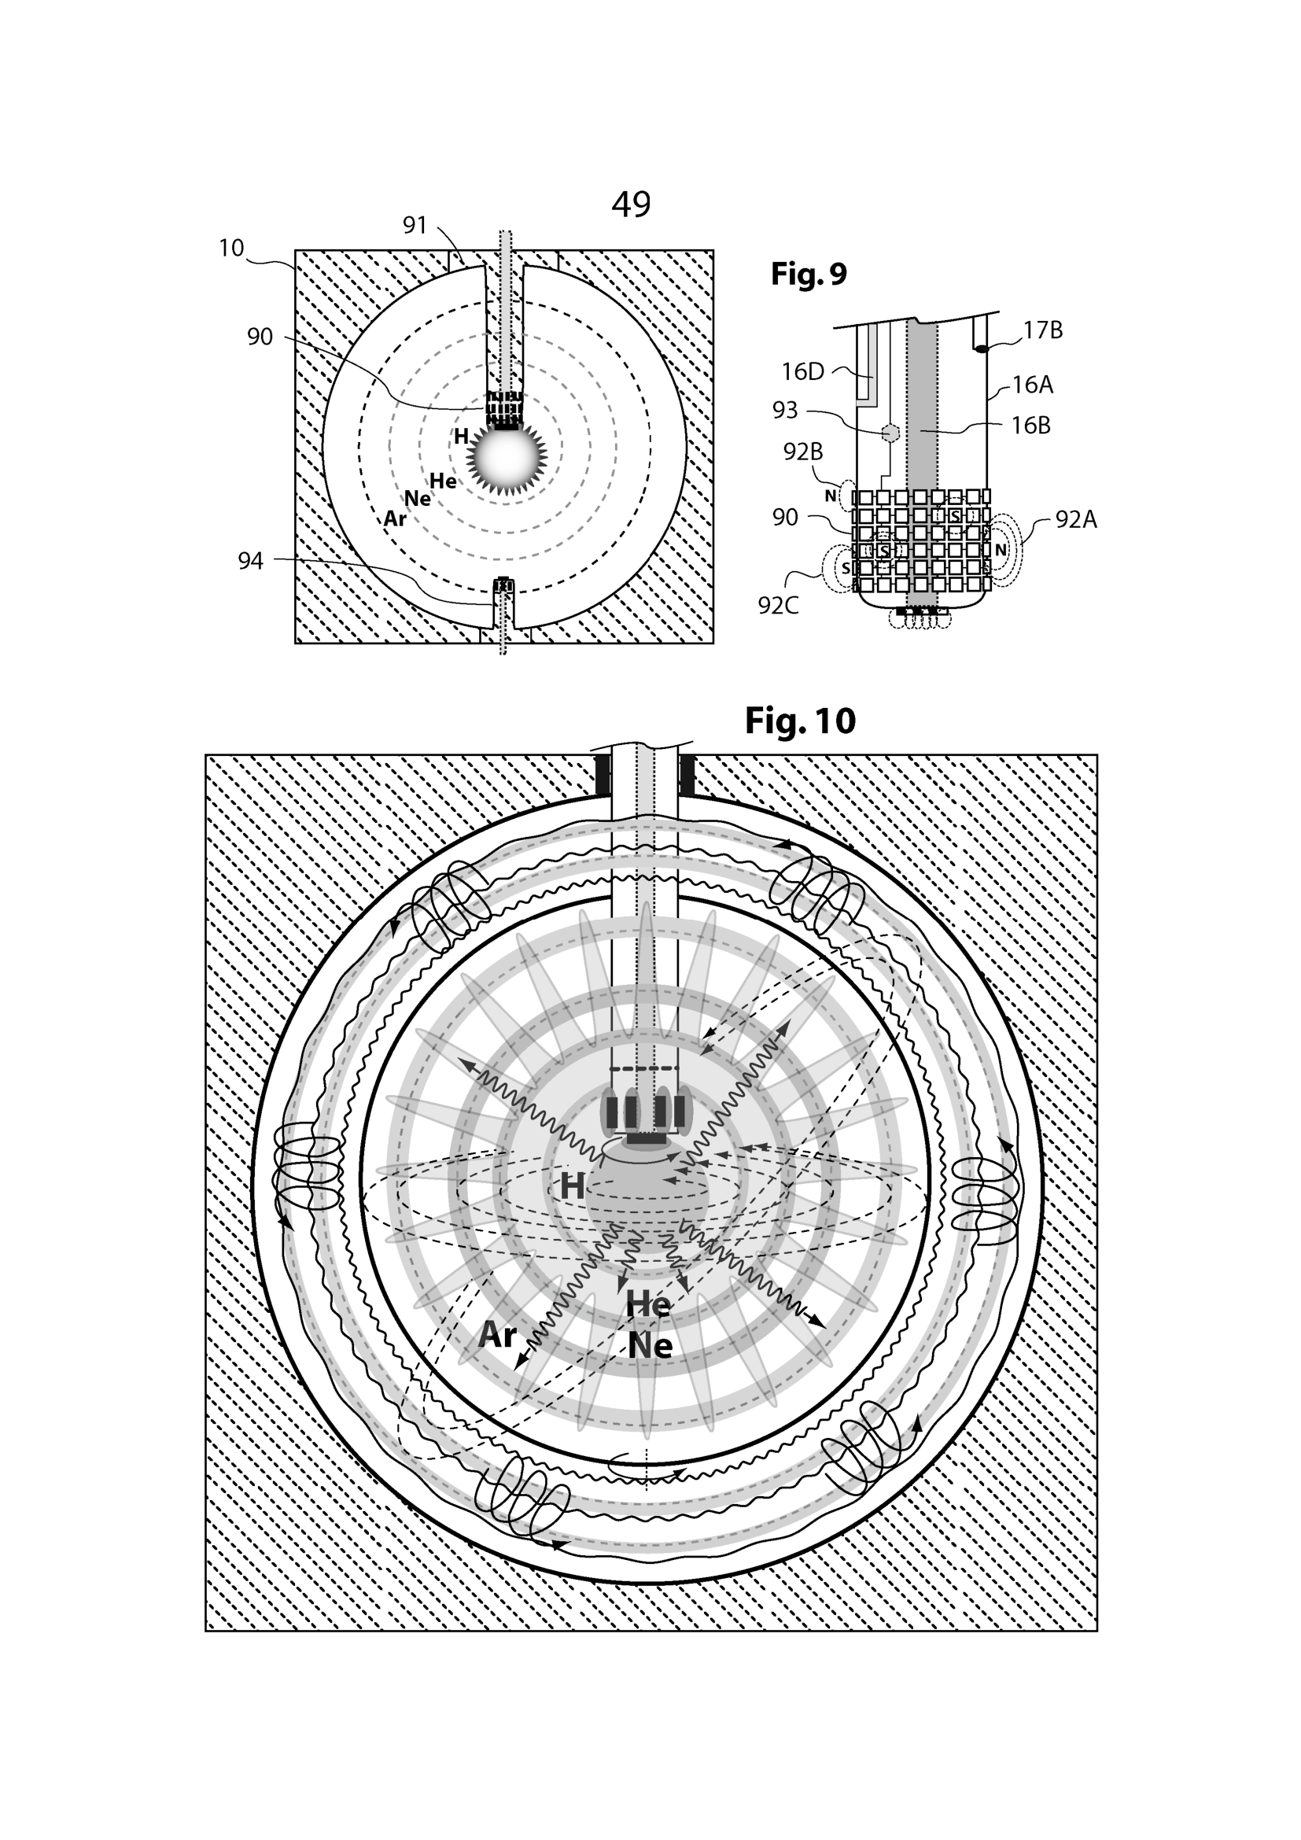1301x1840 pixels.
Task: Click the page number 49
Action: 631,205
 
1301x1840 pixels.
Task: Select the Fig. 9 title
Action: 809,274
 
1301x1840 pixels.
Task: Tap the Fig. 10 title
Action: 800,721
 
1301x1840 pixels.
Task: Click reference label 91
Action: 415,225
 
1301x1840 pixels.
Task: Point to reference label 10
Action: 230,249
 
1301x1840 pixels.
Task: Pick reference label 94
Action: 250,561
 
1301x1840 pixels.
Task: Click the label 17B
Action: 1043,330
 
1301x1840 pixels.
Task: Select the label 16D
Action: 803,372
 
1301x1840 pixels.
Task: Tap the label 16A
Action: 1032,385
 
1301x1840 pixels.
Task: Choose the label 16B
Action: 1031,426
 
